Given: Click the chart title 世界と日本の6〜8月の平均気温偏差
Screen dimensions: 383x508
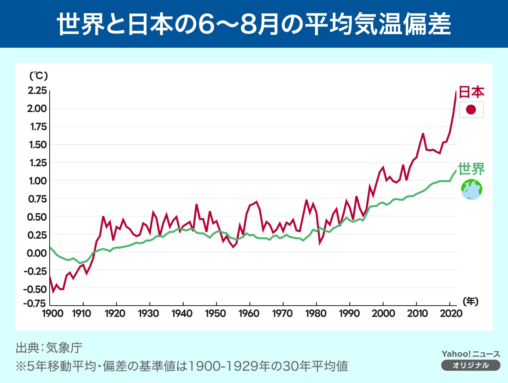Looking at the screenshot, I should pyautogui.click(x=254, y=24).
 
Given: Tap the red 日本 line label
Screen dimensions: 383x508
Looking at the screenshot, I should pyautogui.click(x=471, y=92).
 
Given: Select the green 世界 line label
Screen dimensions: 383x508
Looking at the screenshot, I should pyautogui.click(x=471, y=169).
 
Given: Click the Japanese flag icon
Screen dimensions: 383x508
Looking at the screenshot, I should pyautogui.click(x=471, y=110).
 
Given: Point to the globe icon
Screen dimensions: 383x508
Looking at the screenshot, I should pyautogui.click(x=471, y=189).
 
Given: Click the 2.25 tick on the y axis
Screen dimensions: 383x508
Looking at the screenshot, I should pyautogui.click(x=37, y=90).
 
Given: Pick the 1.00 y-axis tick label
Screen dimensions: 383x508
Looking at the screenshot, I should pyautogui.click(x=37, y=181).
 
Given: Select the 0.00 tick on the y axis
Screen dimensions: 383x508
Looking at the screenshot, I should pyautogui.click(x=37, y=253).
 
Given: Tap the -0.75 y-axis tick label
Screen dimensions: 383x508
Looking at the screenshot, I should pyautogui.click(x=34, y=303).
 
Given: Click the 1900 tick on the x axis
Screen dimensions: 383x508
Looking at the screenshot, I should pyautogui.click(x=52, y=313).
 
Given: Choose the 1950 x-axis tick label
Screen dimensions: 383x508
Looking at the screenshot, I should pyautogui.click(x=216, y=313).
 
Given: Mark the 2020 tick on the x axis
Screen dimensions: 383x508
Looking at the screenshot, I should pyautogui.click(x=451, y=313).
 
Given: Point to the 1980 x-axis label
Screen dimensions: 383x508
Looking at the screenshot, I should pyautogui.click(x=316, y=313).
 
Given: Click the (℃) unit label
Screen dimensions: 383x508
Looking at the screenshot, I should pyautogui.click(x=38, y=75).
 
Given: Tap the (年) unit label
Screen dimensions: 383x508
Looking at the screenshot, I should pyautogui.click(x=470, y=301).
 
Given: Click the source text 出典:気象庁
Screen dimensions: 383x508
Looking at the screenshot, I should pyautogui.click(x=49, y=348).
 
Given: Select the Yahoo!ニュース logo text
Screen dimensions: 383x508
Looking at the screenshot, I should pyautogui.click(x=471, y=354).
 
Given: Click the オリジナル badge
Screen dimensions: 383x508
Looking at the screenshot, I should pyautogui.click(x=471, y=365).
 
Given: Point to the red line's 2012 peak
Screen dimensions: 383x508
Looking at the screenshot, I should pyautogui.click(x=423, y=134).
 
